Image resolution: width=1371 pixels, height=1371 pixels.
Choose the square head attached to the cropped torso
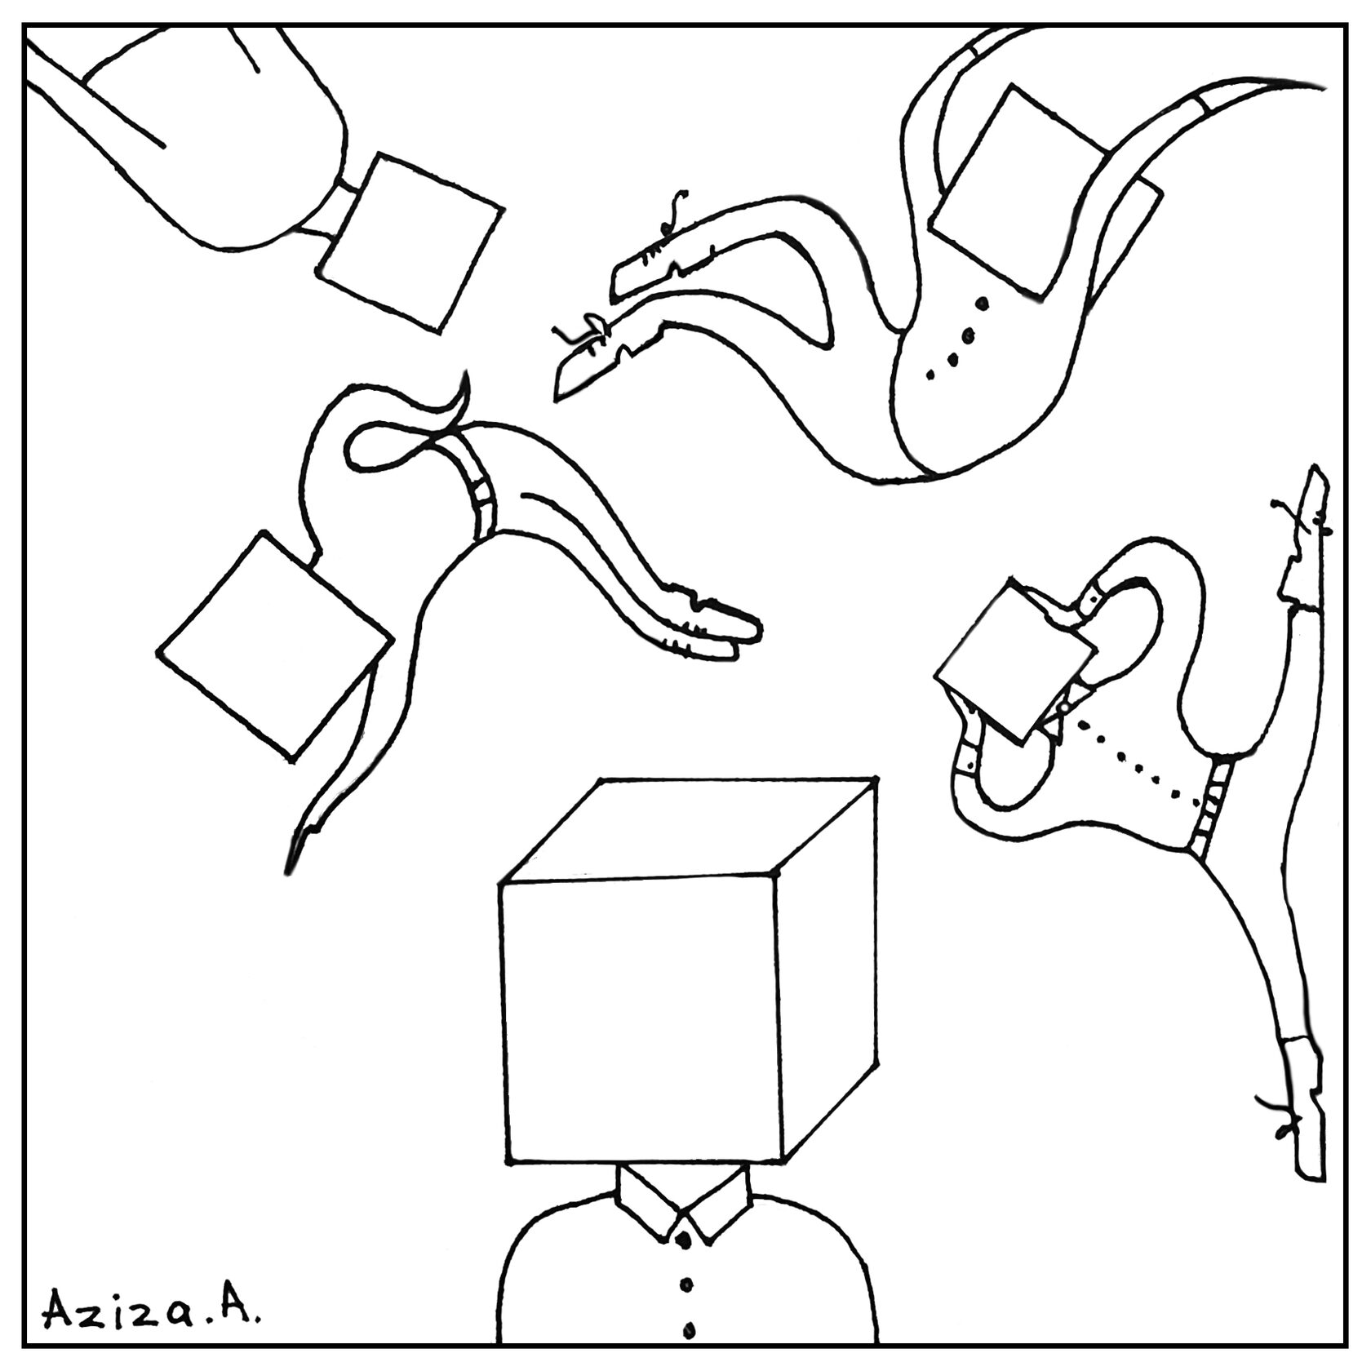410,243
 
